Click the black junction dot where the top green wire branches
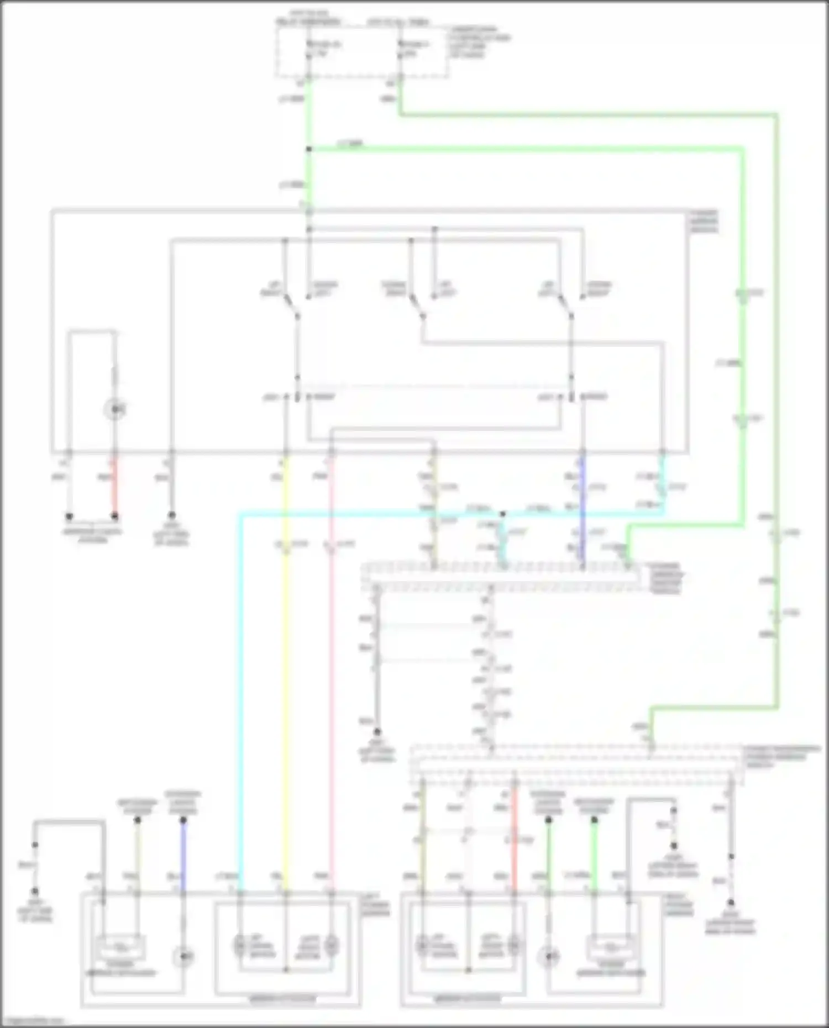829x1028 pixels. pos(309,149)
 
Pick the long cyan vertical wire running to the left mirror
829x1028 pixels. pos(240,690)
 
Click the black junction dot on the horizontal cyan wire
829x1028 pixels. pos(502,514)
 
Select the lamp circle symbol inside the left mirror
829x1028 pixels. pos(183,956)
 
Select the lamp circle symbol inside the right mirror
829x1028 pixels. pos(549,956)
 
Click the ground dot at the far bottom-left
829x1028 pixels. pos(35,891)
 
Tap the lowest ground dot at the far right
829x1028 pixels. pos(731,902)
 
